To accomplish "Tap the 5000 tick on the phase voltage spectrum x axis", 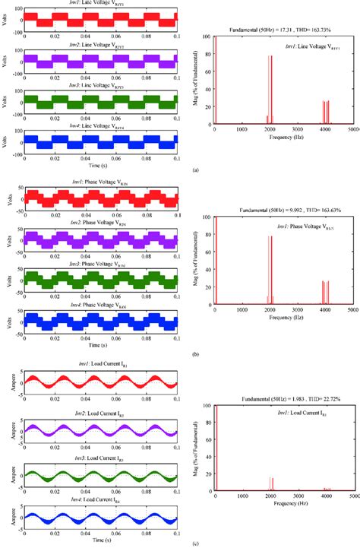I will click(x=354, y=310).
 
